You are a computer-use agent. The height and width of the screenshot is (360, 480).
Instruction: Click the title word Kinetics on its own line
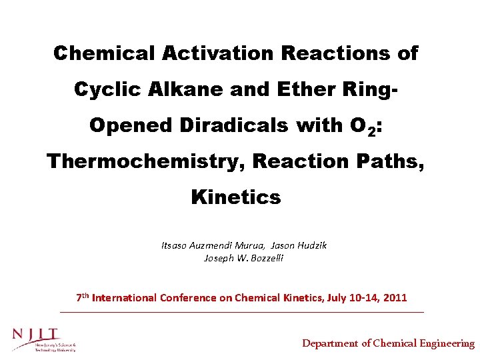[x=236, y=197]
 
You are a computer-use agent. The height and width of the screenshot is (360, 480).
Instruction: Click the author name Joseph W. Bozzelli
[x=243, y=258]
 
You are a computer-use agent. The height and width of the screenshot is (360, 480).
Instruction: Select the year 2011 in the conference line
[x=395, y=297]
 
